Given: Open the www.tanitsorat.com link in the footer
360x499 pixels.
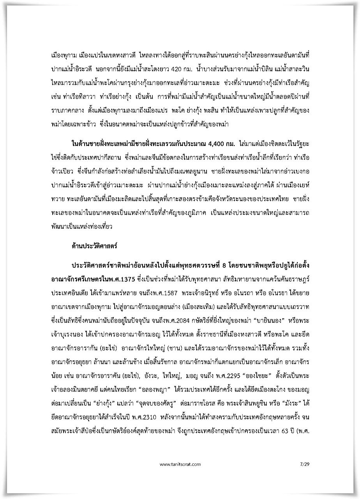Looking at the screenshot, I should [x=180, y=464].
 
